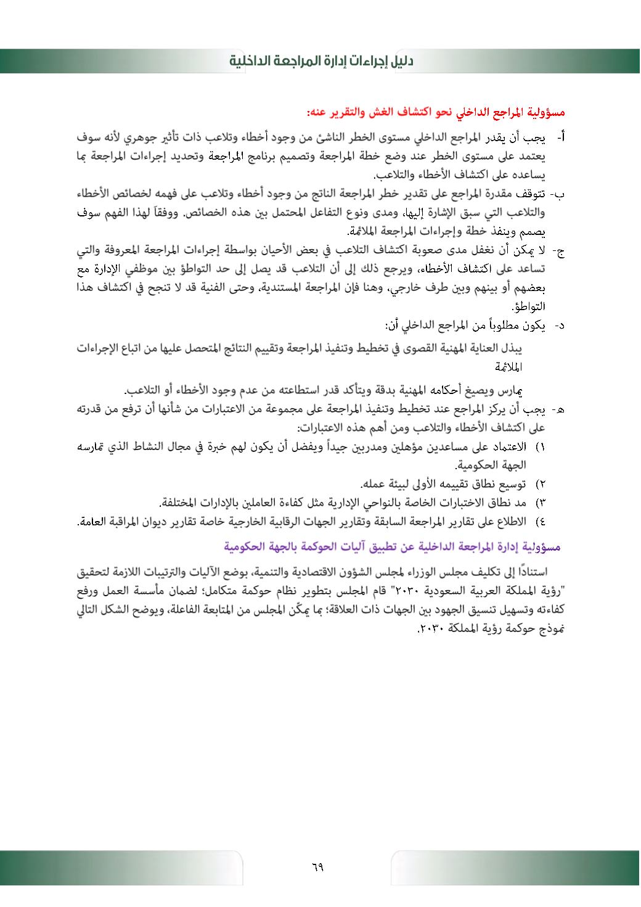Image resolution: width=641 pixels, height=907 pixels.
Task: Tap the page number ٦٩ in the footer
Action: pos(318,867)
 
